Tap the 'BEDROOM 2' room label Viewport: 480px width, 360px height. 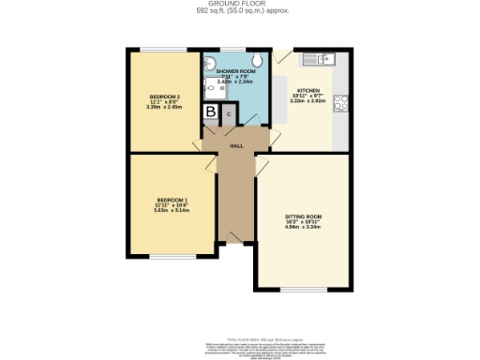164,97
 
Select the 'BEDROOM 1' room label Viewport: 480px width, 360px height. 172,201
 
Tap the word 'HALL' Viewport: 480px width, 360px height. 239,146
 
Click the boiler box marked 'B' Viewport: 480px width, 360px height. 211,112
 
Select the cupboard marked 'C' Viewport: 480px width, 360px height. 228,113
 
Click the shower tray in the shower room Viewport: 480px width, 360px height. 211,86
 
